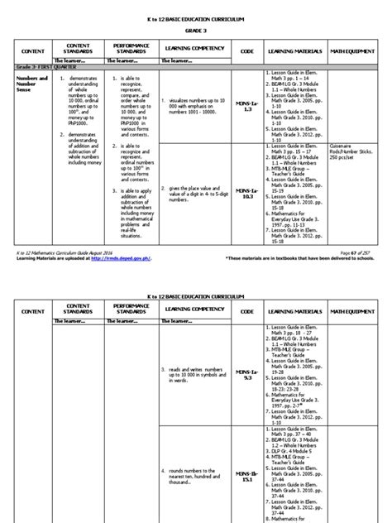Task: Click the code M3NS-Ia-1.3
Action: (234, 95)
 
